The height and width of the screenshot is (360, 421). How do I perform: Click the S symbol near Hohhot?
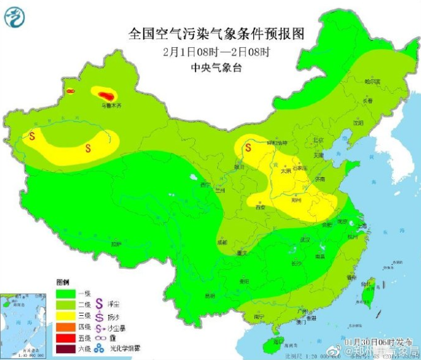pos(249,148)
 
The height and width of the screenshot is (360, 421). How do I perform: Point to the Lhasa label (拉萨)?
pos(116,243)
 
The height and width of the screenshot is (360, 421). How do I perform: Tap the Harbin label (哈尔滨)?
pos(373,81)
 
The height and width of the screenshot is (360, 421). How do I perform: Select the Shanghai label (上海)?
pos(362,225)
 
